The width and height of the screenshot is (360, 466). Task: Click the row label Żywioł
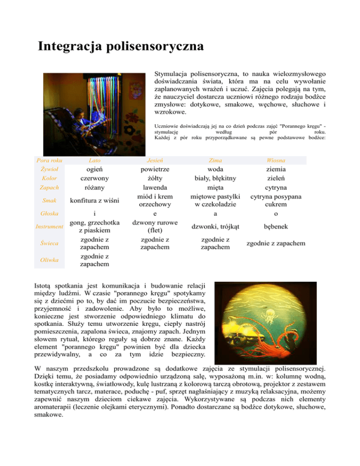49,169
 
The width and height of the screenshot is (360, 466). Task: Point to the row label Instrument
49,227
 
